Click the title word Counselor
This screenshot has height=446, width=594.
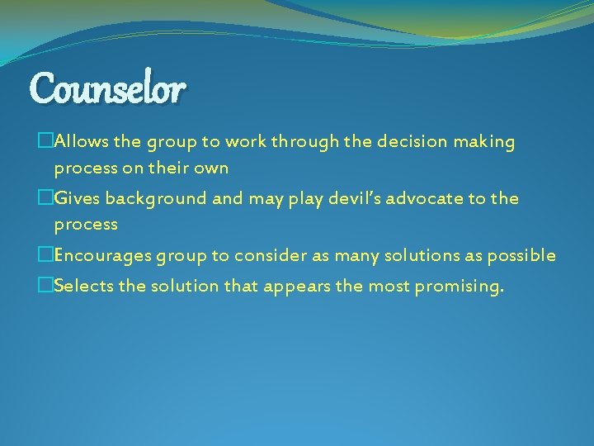pyautogui.click(x=108, y=87)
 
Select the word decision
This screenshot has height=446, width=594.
pyautogui.click(x=410, y=142)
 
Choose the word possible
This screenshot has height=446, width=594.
pyautogui.click(x=521, y=255)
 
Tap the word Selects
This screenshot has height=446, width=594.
pyautogui.click(x=82, y=287)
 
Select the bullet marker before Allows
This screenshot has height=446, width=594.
pyautogui.click(x=45, y=142)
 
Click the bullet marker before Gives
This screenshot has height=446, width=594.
pyautogui.click(x=45, y=198)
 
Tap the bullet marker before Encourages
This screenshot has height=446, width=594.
pyautogui.click(x=45, y=255)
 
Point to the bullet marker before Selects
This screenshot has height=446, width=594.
pyautogui.click(x=45, y=287)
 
